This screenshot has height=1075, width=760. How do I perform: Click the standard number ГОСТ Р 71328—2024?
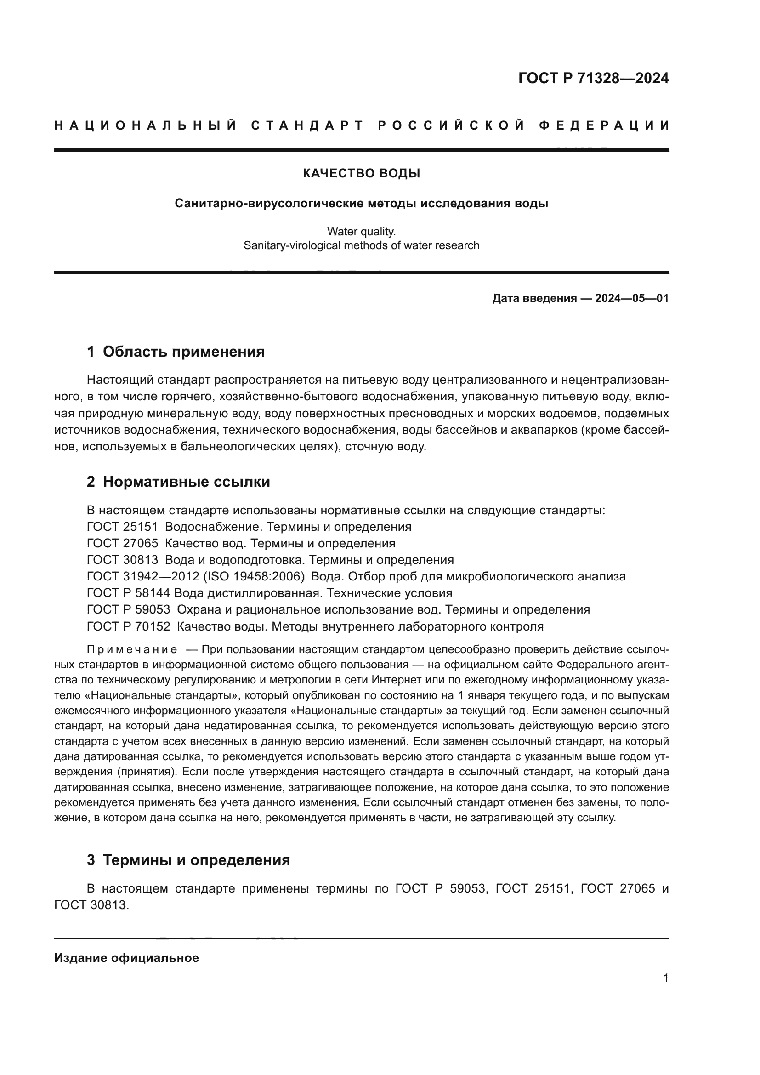593,78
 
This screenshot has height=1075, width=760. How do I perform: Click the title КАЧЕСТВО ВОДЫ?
361,174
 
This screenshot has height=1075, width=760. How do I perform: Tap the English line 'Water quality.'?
361,231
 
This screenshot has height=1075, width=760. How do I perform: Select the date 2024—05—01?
632,298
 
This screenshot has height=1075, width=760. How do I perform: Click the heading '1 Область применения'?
176,352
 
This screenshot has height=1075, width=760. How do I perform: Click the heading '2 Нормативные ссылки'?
178,482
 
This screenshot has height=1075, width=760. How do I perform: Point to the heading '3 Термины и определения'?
188,860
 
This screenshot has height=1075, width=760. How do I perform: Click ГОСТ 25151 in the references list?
123,527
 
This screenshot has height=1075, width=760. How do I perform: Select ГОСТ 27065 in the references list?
123,544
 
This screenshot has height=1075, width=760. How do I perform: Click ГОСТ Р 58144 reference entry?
129,593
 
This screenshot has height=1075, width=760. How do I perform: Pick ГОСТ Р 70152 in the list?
129,626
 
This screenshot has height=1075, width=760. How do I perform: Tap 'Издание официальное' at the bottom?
126,958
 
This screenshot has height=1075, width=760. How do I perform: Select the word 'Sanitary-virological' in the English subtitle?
291,245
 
